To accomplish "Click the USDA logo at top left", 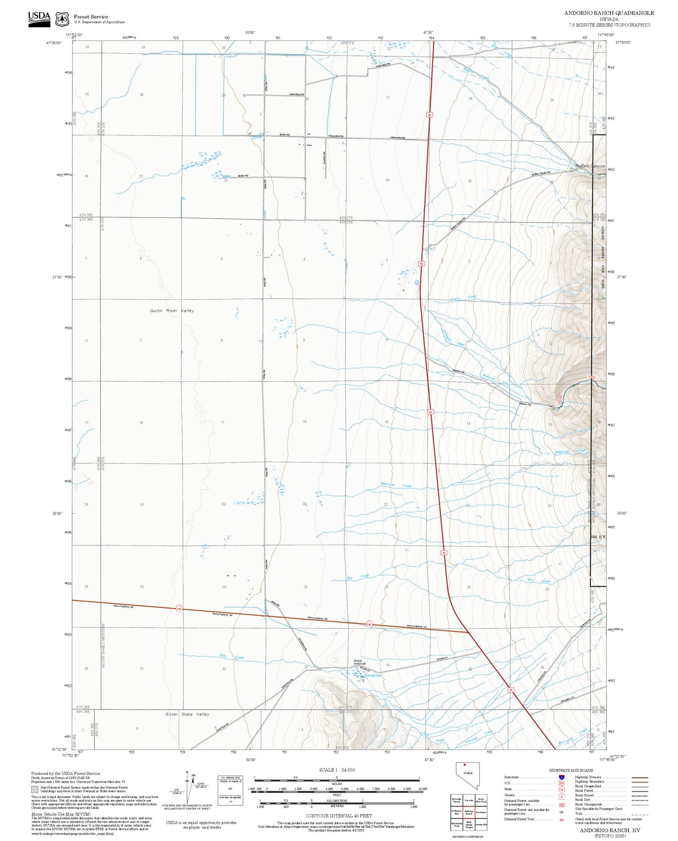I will click(39, 19).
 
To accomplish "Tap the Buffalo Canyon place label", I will click(590, 166).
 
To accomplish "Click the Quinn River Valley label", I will click(172, 311).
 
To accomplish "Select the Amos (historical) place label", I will click(359, 662).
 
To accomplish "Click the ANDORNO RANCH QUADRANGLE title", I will click(608, 13).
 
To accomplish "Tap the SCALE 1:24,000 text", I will click(337, 770).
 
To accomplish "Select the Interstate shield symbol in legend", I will click(561, 777).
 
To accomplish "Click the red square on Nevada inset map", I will click(464, 765).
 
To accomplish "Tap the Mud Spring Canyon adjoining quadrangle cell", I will click(469, 825).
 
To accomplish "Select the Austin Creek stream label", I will click(463, 298).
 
